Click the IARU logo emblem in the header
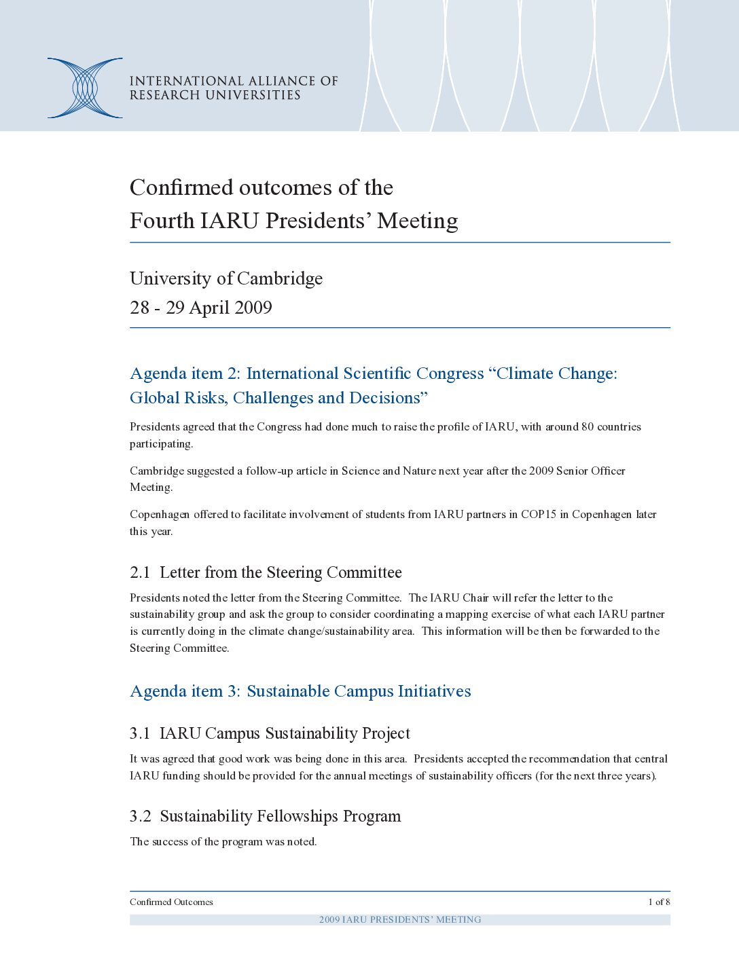point(85,88)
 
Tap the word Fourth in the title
point(162,221)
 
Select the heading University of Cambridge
point(226,278)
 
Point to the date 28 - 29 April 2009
point(201,308)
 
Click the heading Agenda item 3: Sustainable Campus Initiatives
point(300,691)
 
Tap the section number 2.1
point(139,572)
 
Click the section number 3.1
point(139,733)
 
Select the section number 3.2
point(140,816)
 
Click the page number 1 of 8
point(659,902)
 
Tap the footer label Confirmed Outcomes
point(171,902)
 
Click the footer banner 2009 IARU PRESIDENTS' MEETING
point(400,919)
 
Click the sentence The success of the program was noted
point(223,842)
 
